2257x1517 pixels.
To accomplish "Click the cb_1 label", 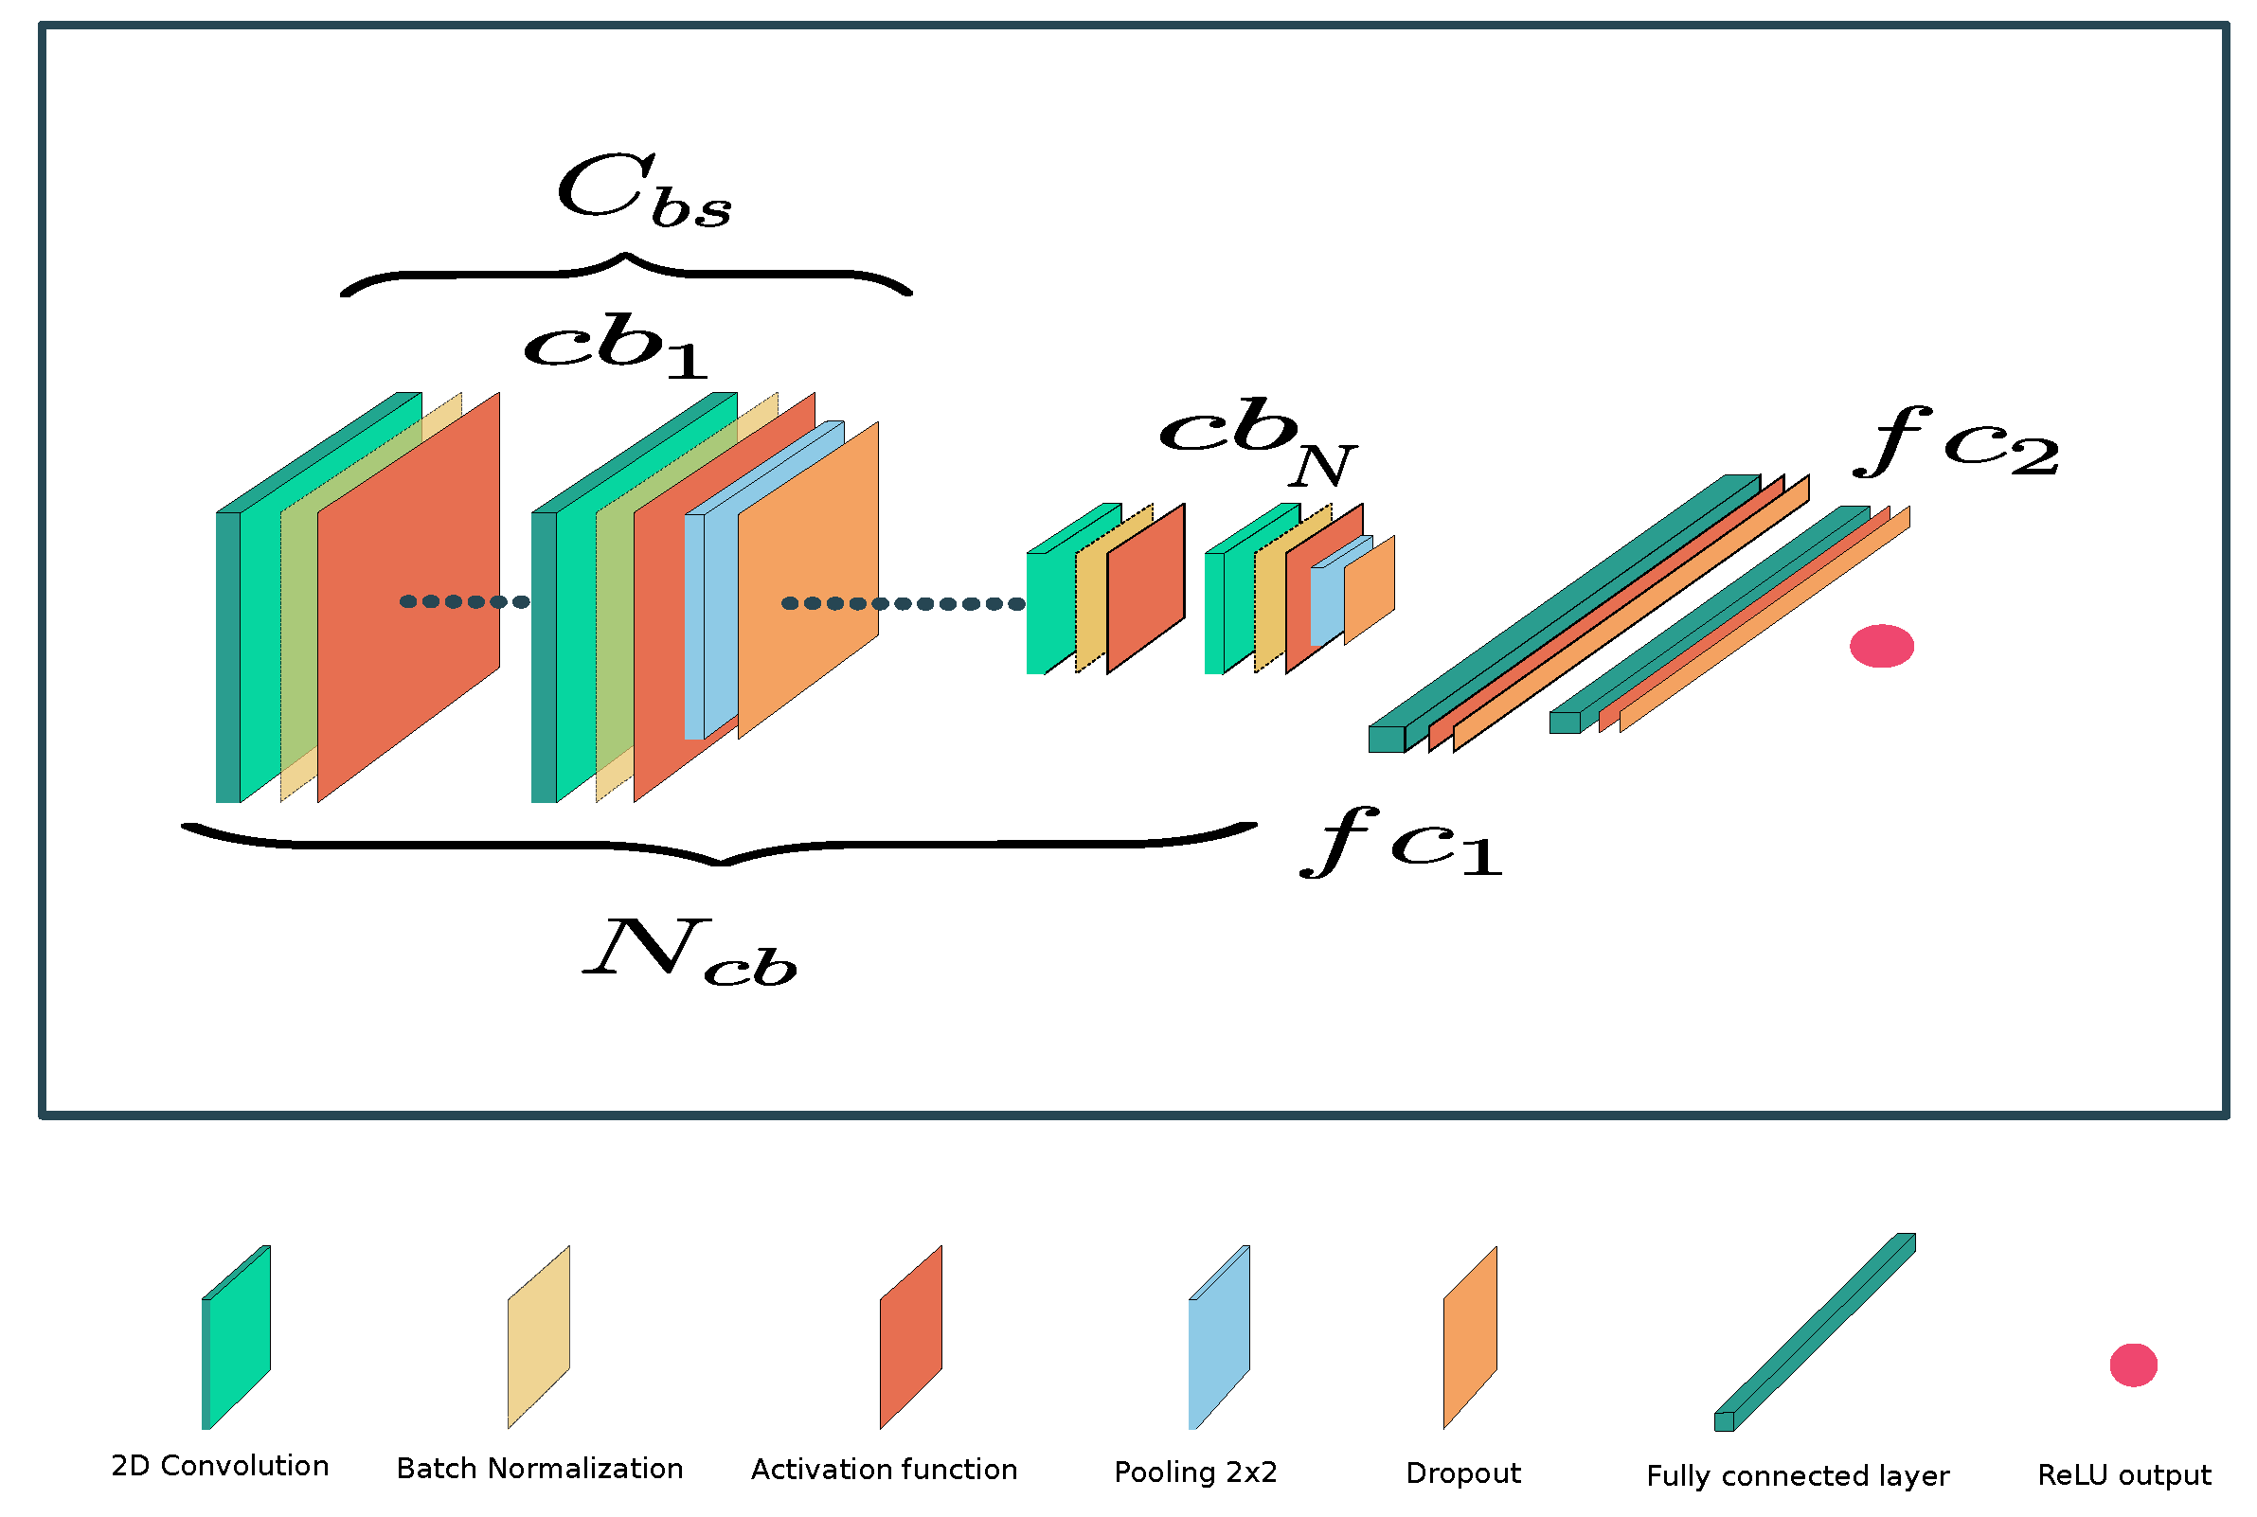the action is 616,346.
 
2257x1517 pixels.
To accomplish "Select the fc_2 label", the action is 1954,441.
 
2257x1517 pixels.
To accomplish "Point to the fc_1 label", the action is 1400,842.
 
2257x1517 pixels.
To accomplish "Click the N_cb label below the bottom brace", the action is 690,954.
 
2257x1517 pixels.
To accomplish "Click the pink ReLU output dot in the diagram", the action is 1881,645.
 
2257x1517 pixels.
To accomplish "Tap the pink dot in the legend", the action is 2132,1365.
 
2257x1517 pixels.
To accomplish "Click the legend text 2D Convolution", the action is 220,1466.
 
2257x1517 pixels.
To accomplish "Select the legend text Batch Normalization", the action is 539,1469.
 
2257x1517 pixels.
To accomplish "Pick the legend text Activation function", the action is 884,1470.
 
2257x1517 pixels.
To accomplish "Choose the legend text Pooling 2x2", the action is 1194,1472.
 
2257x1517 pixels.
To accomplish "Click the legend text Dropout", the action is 1461,1473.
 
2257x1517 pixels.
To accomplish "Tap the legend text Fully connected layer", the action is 1797,1476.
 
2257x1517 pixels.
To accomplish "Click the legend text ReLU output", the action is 2123,1475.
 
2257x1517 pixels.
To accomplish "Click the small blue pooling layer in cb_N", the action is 1325,605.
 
